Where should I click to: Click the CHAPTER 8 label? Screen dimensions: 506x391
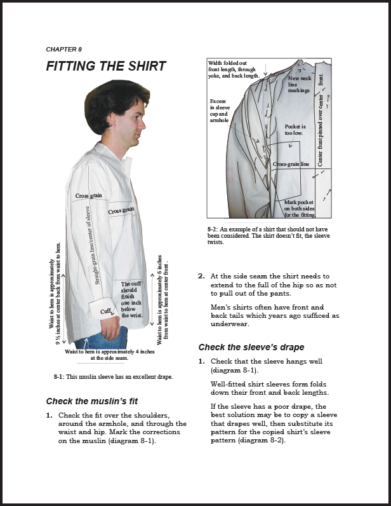pyautogui.click(x=63, y=49)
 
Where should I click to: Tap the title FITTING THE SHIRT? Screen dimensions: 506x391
pyautogui.click(x=105, y=66)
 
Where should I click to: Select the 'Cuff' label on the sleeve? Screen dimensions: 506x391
pyautogui.click(x=106, y=311)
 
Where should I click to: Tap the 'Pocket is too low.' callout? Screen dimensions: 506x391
pyautogui.click(x=295, y=130)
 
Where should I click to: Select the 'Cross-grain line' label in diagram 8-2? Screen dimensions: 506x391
pyautogui.click(x=291, y=164)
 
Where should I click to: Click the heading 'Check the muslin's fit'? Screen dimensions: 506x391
pyautogui.click(x=92, y=401)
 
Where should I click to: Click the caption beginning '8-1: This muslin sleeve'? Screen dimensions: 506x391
pyautogui.click(x=114, y=376)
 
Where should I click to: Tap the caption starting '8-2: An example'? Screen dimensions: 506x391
pyautogui.click(x=268, y=235)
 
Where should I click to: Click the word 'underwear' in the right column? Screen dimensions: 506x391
pyautogui.click(x=230, y=324)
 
